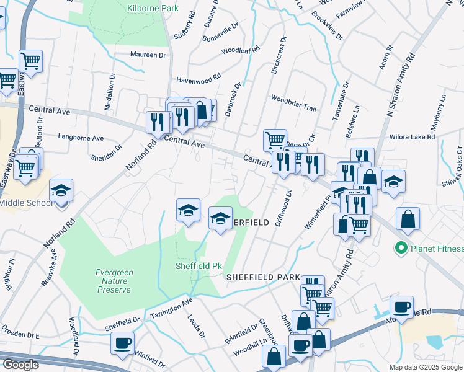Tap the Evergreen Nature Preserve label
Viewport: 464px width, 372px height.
[113, 281]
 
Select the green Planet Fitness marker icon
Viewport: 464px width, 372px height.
[401, 249]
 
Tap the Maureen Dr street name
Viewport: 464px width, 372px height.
[149, 55]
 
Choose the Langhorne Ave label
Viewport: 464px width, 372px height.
[81, 138]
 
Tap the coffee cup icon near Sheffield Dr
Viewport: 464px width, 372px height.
[122, 342]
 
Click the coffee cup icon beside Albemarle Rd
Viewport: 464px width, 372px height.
[401, 306]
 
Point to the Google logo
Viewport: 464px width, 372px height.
[20, 365]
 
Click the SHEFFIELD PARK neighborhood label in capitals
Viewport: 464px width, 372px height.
[263, 277]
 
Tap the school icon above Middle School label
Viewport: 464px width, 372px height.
[61, 190]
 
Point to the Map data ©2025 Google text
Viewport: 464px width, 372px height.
[425, 367]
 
